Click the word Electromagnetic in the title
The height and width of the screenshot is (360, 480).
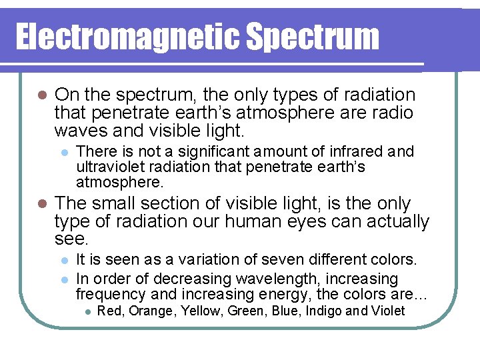(x=127, y=37)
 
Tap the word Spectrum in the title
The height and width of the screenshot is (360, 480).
(x=313, y=37)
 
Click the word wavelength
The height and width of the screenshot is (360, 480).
(x=284, y=279)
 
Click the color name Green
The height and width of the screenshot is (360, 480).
(x=247, y=311)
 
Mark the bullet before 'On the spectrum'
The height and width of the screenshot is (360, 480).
(x=41, y=95)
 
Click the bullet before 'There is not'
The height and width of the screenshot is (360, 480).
(x=64, y=152)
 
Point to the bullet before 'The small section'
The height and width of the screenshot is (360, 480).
(x=41, y=203)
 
